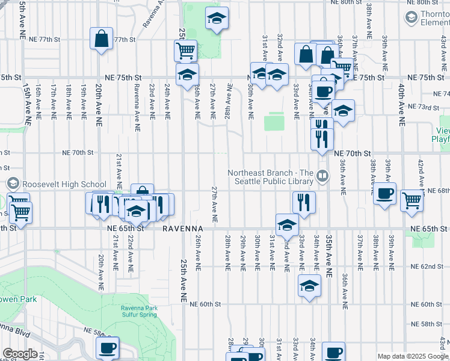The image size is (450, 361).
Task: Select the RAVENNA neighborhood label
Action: (x=183, y=229)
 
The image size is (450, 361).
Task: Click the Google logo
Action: (x=20, y=354)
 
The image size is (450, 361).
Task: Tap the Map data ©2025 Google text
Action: (x=413, y=356)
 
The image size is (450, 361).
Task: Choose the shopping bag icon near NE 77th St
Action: (x=102, y=38)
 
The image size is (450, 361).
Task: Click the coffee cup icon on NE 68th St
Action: (x=385, y=194)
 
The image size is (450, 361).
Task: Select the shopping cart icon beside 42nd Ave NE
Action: (x=411, y=200)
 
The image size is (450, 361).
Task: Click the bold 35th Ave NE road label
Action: (x=329, y=256)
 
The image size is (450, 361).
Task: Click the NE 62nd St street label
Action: (x=427, y=267)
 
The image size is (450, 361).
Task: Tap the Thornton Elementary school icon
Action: (x=411, y=17)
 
